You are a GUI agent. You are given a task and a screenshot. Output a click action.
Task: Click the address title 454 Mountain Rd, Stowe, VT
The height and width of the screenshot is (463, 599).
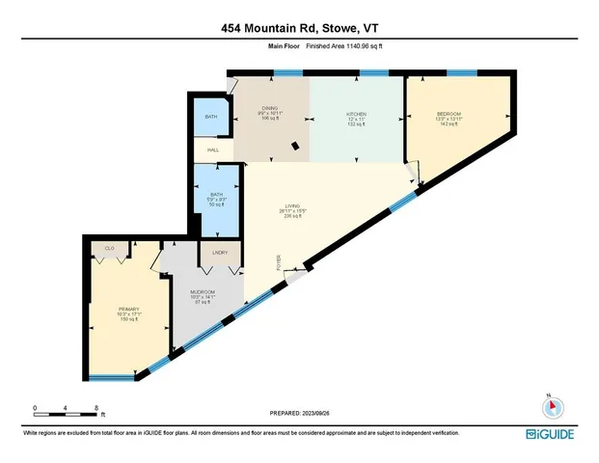click(x=299, y=28)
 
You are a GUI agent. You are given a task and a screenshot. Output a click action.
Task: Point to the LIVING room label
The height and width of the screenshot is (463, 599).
click(x=286, y=211)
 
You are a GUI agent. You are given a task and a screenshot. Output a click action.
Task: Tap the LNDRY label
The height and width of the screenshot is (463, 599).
click(x=218, y=253)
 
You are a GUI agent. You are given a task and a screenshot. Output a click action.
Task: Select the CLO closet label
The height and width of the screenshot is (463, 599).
click(x=110, y=249)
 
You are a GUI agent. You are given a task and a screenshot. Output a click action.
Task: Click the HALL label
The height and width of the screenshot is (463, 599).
click(x=213, y=150)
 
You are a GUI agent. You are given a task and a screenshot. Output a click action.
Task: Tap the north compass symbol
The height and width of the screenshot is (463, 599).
click(x=548, y=406)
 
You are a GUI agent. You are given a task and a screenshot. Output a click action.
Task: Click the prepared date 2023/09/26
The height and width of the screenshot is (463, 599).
click(x=299, y=413)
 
